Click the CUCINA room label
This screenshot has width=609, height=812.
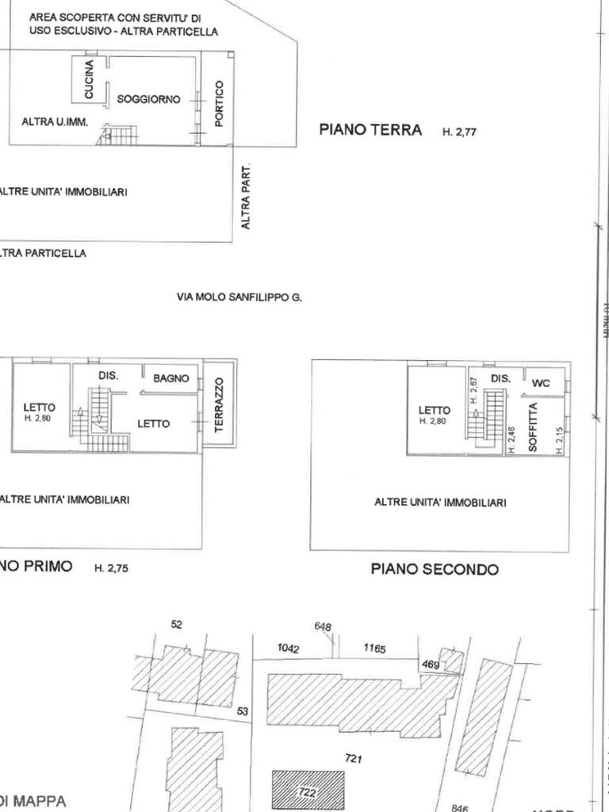89,79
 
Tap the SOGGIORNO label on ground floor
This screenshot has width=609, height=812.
148,100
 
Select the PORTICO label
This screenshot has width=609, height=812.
220,103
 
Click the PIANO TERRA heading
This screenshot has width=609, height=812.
370,130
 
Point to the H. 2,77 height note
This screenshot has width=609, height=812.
459,132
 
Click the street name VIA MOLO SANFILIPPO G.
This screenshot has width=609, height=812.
239,298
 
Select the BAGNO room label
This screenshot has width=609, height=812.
171,379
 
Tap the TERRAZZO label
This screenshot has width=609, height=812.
220,404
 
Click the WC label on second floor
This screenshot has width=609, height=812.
541,383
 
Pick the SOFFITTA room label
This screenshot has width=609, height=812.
533,427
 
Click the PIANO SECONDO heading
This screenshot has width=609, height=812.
435,569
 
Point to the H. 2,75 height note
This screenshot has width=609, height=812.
111,569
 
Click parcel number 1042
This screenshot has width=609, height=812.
288,648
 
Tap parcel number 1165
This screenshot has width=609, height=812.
374,648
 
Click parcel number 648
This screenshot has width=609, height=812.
323,626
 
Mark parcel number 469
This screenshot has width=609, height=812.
431,665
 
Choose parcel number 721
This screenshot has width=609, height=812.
354,759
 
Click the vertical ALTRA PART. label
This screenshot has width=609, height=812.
247,197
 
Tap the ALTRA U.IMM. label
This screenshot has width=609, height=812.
54,122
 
